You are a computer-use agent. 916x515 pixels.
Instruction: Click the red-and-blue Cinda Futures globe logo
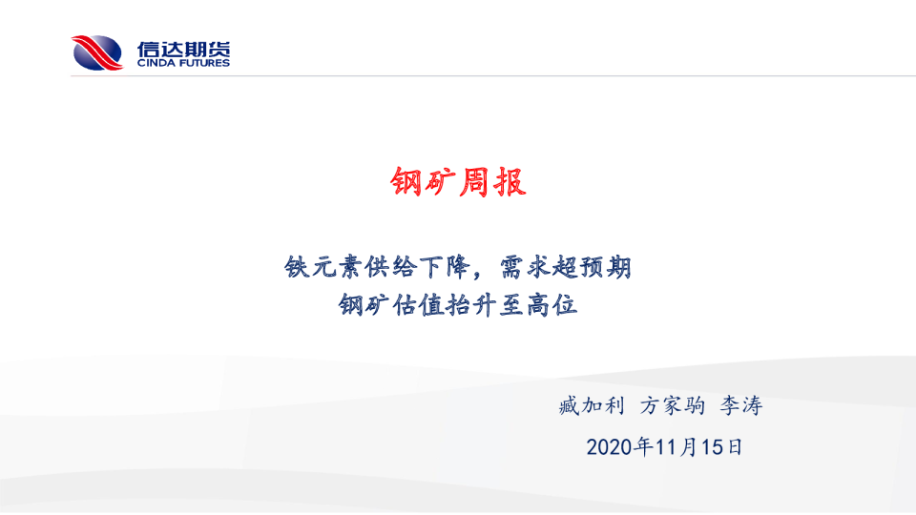pyautogui.click(x=97, y=52)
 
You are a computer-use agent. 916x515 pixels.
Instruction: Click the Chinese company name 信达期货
pyautogui.click(x=183, y=49)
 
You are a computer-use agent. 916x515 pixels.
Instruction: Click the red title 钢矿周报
pyautogui.click(x=459, y=181)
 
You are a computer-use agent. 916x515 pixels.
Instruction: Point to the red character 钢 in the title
pyautogui.click(x=406, y=181)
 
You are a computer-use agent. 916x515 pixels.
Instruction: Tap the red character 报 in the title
pyautogui.click(x=510, y=181)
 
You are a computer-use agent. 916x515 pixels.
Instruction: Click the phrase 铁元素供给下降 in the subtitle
pyautogui.click(x=378, y=267)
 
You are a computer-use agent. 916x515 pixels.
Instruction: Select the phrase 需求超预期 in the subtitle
pyautogui.click(x=566, y=267)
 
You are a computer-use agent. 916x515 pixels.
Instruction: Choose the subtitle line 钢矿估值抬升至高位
pyautogui.click(x=458, y=305)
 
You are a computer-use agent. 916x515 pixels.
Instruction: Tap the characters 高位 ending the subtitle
pyautogui.click(x=552, y=305)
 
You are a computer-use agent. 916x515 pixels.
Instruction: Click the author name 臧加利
pyautogui.click(x=592, y=405)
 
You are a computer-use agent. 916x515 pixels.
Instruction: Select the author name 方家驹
pyautogui.click(x=673, y=405)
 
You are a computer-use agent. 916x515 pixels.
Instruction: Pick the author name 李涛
pyautogui.click(x=741, y=405)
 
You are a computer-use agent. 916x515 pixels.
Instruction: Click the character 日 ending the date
pyautogui.click(x=735, y=447)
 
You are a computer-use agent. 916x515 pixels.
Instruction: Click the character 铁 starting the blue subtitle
pyautogui.click(x=297, y=267)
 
